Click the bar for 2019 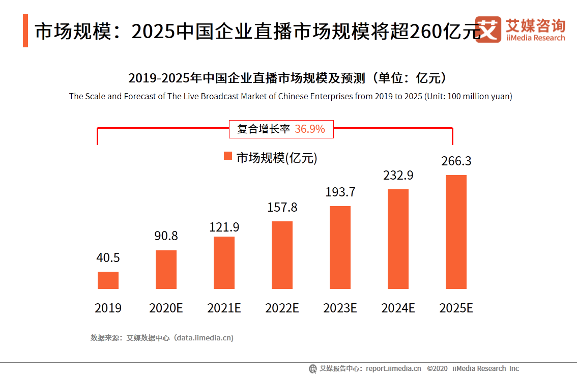108,280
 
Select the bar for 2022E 282,255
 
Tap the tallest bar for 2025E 456,232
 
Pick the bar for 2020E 166,270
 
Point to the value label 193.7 340,192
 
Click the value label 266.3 456,161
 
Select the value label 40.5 108,258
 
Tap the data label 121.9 224,227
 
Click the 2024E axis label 398,308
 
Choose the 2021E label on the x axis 224,308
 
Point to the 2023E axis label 340,308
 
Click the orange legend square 228,156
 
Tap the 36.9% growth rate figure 309,129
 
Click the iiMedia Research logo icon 488,29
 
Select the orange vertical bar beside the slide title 25,31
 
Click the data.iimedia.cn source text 204,337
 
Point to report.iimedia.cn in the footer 393,368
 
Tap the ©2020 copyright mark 437,368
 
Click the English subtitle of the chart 291,96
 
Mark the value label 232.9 398,176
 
